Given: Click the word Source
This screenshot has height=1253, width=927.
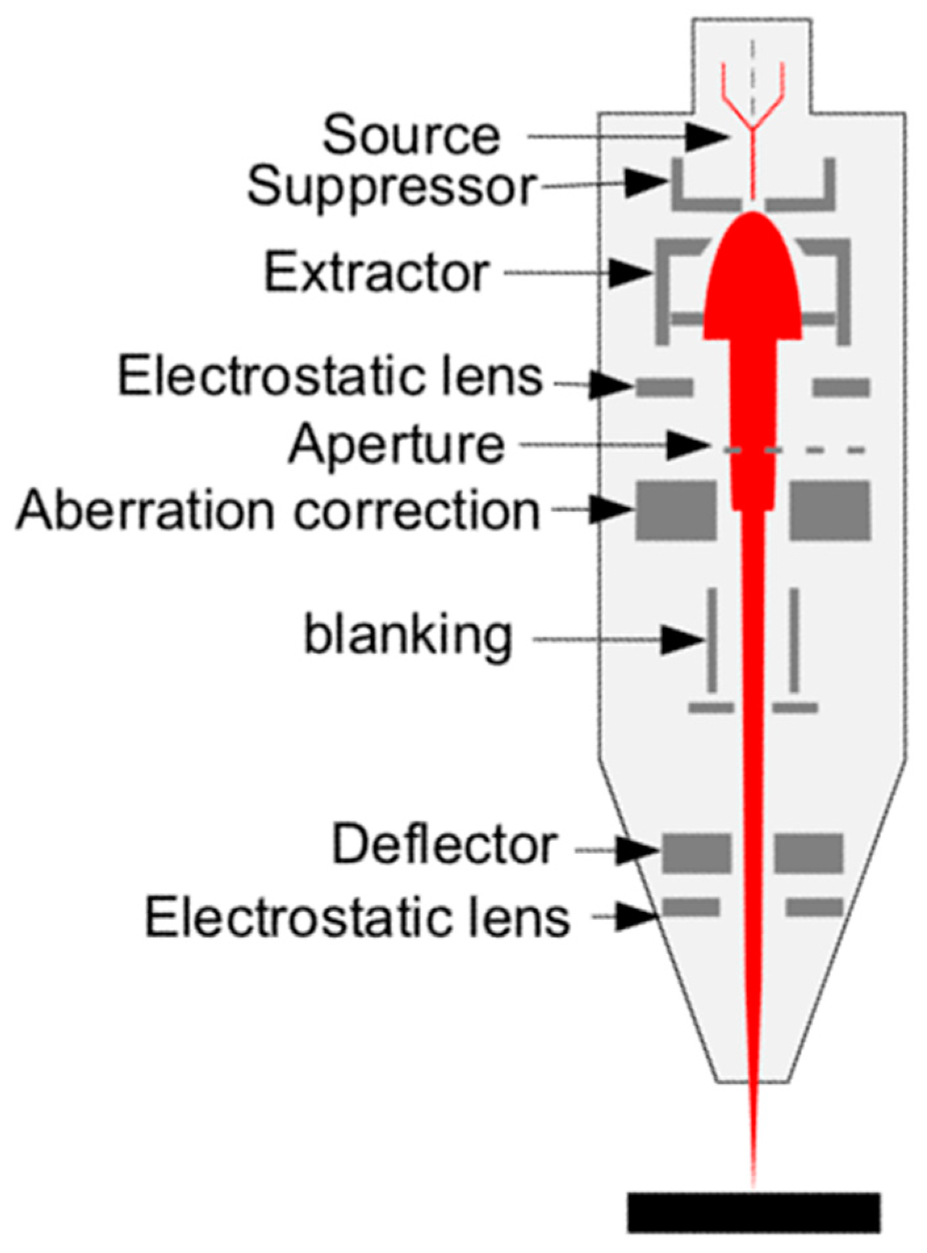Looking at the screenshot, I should coord(411,136).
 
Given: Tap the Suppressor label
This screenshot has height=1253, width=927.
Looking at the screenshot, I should coord(392,187).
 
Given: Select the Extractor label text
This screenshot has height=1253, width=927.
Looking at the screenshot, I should coord(377,273).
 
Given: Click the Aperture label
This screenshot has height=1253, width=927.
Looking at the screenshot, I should coord(397,444).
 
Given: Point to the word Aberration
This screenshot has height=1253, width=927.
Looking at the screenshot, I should coord(145,511).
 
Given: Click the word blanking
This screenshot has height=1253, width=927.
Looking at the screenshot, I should coord(407,636).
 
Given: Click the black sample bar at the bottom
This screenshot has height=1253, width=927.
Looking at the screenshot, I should coord(753,1212).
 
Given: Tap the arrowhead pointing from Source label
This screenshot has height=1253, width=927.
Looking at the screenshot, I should coord(706,137).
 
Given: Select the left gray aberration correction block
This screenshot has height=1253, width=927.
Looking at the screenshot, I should coord(675,511).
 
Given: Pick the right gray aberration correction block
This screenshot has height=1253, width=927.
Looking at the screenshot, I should coord(830,511).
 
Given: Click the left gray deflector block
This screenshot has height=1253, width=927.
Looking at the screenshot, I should coord(696,853).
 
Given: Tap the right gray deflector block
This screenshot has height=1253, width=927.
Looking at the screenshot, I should coord(808,853).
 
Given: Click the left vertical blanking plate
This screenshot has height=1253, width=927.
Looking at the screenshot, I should coord(712,640).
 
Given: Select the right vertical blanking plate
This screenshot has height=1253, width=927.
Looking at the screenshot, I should coord(794,640).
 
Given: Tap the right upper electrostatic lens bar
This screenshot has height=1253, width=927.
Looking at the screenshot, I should coord(841,387).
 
